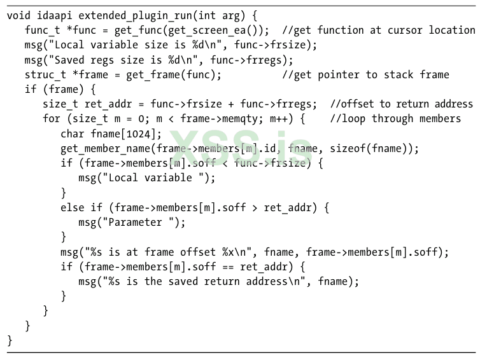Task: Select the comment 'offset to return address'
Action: coord(402,104)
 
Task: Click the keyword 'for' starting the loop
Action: coord(52,119)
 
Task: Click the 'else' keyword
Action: coord(72,207)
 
